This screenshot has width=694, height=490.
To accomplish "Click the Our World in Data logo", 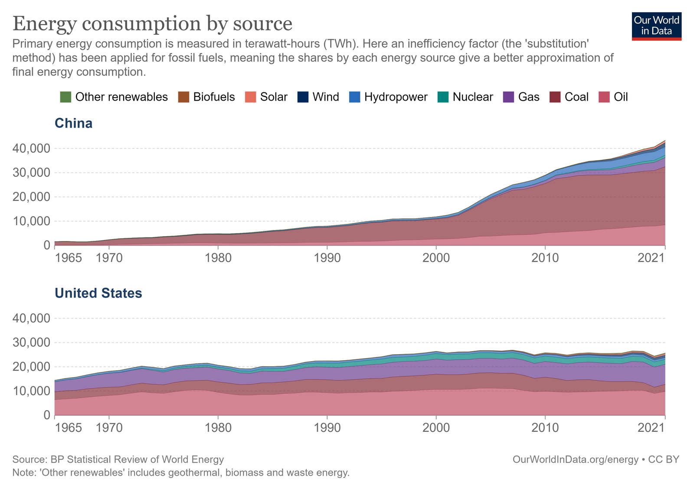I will [657, 26].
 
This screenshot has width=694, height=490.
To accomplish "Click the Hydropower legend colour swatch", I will [355, 97].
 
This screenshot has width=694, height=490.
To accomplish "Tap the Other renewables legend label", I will [121, 97].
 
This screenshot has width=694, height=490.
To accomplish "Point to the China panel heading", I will [74, 124].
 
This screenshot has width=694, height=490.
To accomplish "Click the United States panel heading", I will [98, 293].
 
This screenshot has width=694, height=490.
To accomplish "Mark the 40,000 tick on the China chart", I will [32, 149].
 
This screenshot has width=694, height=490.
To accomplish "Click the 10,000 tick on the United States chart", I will [32, 391].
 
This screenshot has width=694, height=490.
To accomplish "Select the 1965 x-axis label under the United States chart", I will [69, 428].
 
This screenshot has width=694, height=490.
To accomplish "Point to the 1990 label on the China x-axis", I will [327, 258].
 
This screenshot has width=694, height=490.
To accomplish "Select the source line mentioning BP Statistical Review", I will [118, 460].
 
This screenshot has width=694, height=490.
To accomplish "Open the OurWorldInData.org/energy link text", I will [575, 460].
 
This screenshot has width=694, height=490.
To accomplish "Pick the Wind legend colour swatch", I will [303, 97].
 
